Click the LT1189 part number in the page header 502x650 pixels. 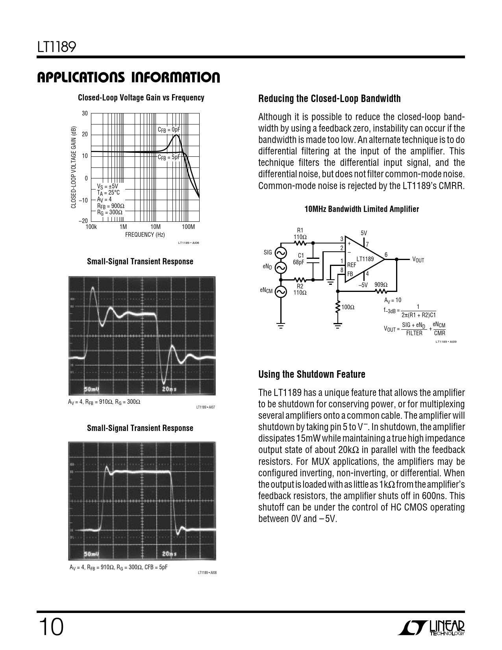tap(56, 47)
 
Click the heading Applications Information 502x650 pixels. tap(128, 78)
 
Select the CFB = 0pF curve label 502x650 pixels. tap(169, 130)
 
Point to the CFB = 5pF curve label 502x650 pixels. tap(169, 157)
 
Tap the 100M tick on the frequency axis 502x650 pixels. tap(189, 227)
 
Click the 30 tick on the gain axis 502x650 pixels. tap(85, 113)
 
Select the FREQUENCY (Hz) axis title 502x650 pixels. tap(145, 235)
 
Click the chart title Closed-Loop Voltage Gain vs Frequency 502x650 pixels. tap(141, 98)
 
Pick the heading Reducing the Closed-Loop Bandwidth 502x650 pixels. tap(329, 99)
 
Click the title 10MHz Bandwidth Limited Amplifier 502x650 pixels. tap(361, 209)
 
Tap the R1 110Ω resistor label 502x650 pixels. tap(300, 234)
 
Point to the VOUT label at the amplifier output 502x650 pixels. tap(418, 260)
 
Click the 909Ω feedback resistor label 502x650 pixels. tap(381, 285)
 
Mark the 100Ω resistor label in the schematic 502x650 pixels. tap(348, 307)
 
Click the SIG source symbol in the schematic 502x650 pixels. tap(281, 253)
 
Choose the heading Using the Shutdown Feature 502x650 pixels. tap(311, 374)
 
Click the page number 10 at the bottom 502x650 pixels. tap(50, 627)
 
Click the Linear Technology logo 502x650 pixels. tap(432, 628)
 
